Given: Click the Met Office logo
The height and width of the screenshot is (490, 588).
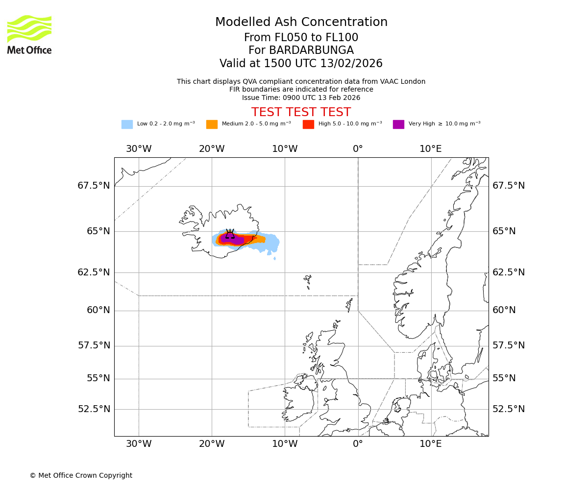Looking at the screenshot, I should [29, 34].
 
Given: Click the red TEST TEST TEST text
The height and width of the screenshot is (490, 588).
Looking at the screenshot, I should [301, 112].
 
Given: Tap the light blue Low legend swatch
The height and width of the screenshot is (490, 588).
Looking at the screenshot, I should [127, 124].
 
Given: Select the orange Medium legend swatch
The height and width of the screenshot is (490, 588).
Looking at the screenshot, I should [212, 124].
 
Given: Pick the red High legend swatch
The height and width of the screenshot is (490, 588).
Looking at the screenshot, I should [308, 124].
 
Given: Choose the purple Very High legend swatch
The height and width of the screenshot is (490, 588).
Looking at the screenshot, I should [398, 124].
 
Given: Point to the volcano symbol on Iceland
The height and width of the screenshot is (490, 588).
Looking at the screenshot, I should [230, 234].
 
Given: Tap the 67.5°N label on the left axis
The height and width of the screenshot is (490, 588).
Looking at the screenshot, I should [94, 186].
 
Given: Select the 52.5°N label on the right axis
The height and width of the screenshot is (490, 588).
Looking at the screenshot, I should [509, 409].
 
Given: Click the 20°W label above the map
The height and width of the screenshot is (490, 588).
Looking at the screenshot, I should [212, 149].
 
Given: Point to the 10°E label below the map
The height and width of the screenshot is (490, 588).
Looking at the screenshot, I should [431, 444].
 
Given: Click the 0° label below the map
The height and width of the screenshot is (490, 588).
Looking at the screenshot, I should [358, 444].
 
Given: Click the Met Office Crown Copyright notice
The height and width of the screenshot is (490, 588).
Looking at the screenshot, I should [81, 475].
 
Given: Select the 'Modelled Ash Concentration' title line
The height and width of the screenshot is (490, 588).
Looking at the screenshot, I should [301, 23].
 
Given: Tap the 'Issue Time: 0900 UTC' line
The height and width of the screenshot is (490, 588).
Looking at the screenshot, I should [301, 98].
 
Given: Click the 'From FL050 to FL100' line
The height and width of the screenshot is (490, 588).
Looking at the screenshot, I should [301, 38].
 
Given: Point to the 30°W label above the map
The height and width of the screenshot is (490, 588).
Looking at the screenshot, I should [139, 149].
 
